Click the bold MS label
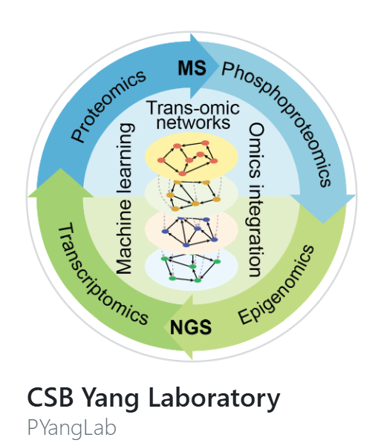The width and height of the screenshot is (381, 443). pyautogui.click(x=192, y=68)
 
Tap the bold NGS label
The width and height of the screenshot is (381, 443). pyautogui.click(x=191, y=327)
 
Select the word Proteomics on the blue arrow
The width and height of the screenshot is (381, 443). pyautogui.click(x=108, y=105)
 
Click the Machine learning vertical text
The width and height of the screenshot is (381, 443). pyautogui.click(x=125, y=199)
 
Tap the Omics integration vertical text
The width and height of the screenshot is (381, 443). pyautogui.click(x=255, y=200)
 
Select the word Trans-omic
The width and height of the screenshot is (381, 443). pyautogui.click(x=193, y=108)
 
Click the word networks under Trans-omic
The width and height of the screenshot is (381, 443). pyautogui.click(x=193, y=123)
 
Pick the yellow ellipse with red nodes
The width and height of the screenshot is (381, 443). pyautogui.click(x=191, y=157)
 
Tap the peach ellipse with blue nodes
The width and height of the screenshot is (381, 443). pyautogui.click(x=191, y=231)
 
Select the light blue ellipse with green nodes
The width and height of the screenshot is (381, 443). pyautogui.click(x=191, y=268)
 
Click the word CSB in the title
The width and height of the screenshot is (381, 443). pyautogui.click(x=51, y=397)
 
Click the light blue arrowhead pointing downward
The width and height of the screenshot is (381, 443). pyautogui.click(x=323, y=209)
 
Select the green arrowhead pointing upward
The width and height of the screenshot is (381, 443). pyautogui.click(x=61, y=183)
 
